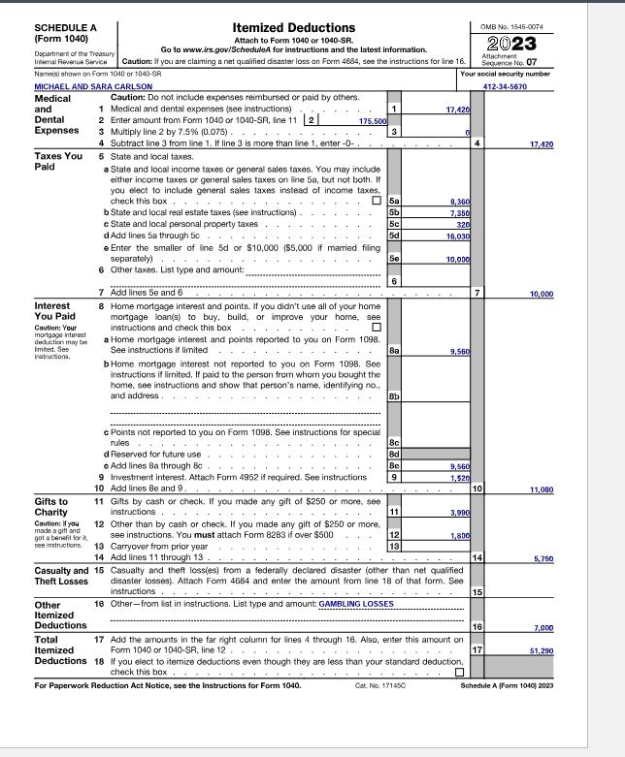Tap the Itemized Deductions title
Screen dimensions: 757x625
pos(294,27)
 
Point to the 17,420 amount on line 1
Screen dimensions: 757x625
pos(457,111)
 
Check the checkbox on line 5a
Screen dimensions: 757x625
pos(377,201)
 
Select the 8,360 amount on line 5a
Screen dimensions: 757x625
pos(460,201)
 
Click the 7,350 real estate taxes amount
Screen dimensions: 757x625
pos(460,211)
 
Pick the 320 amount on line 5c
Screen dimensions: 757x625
pos(464,223)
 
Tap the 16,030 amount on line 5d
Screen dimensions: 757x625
pos(458,235)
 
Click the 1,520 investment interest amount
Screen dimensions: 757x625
pos(460,478)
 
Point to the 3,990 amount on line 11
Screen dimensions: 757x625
pos(459,511)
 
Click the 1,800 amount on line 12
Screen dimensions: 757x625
pos(460,536)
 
